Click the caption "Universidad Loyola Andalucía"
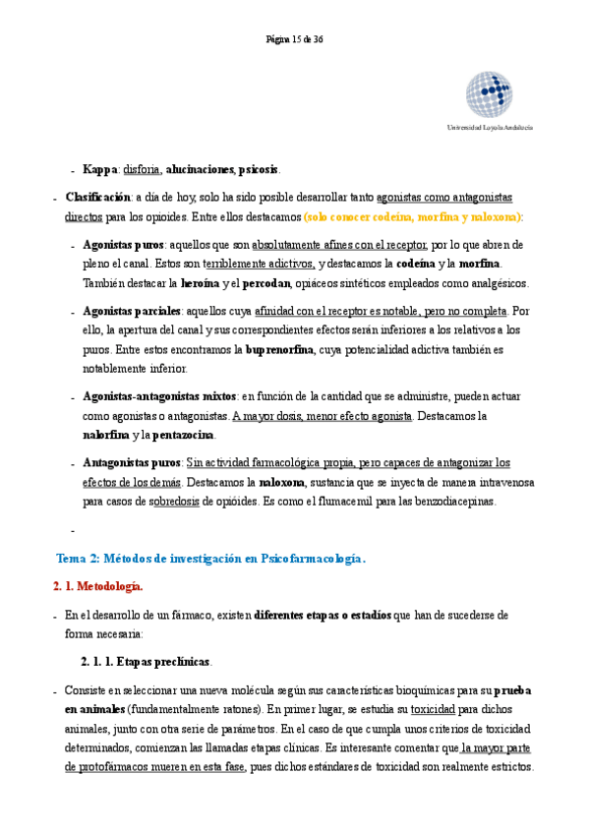click(490, 129)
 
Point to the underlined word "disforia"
click(143, 169)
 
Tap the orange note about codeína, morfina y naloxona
click(413, 216)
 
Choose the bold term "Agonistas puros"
click(123, 244)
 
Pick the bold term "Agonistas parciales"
click(130, 311)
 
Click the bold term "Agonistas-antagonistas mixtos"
click(159, 396)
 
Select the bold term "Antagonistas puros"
click(132, 462)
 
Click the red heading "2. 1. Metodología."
click(97, 587)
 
